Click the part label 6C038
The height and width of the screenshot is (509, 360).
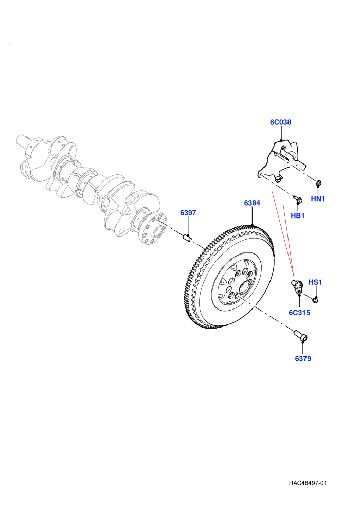tap(280, 122)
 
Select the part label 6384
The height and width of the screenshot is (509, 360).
tap(252, 203)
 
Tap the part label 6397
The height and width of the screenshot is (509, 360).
tap(188, 213)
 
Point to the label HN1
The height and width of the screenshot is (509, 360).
tap(318, 198)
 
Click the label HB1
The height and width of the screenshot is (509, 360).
tap(298, 215)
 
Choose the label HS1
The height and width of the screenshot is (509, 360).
tap(315, 282)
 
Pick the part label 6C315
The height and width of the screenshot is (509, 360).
tap(299, 313)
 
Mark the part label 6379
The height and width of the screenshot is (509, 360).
tap(303, 359)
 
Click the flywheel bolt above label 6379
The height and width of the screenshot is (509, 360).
tap(300, 336)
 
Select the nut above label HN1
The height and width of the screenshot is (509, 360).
tap(319, 183)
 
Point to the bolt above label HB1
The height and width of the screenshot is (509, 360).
tap(297, 198)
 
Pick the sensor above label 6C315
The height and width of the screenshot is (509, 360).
tap(297, 287)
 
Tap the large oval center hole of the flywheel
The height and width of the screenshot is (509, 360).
tap(244, 287)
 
